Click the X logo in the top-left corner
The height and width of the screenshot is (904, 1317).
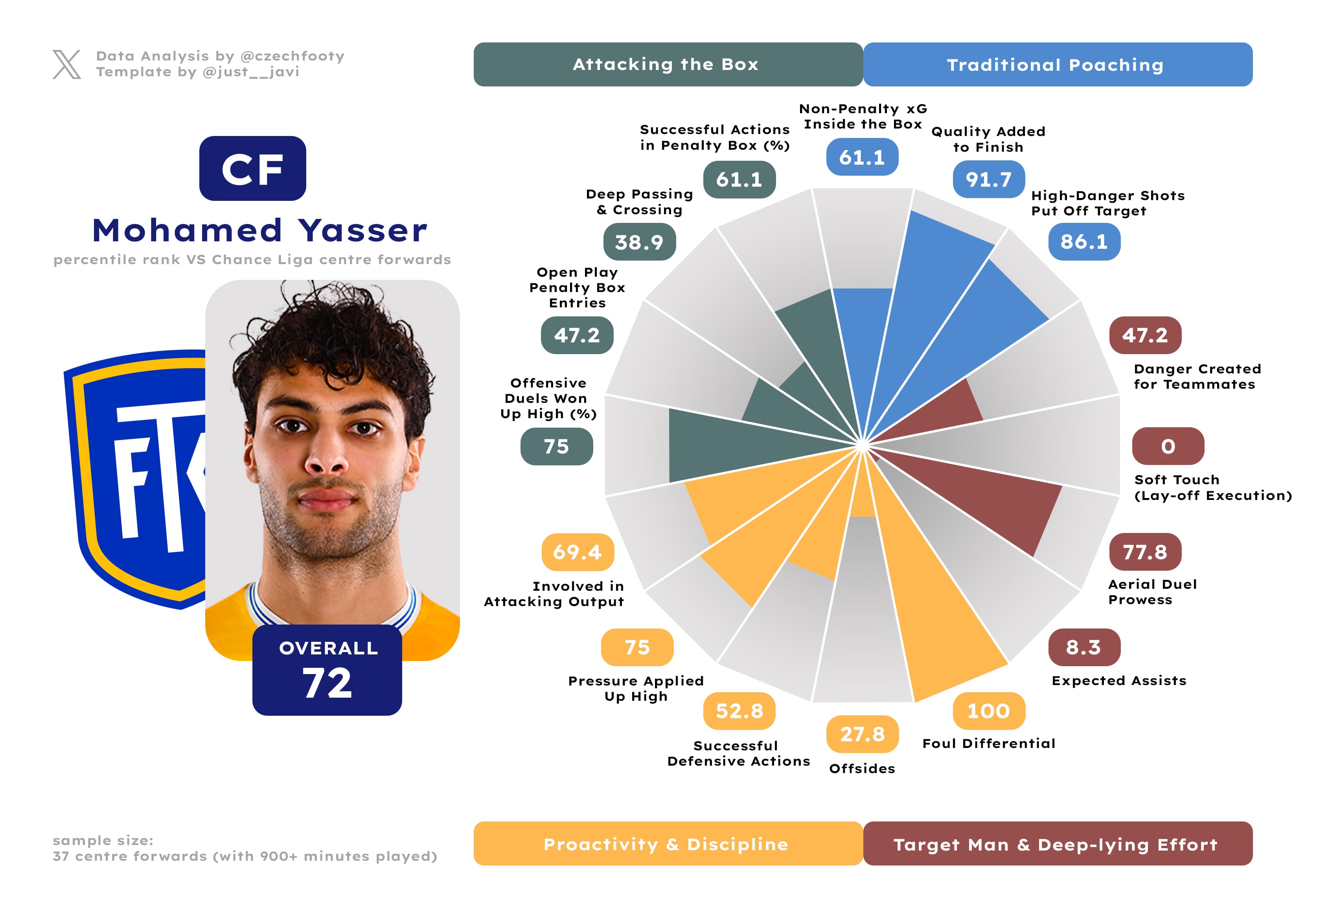66,64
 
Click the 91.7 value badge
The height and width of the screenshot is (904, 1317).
988,180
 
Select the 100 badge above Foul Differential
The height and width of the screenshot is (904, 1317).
988,711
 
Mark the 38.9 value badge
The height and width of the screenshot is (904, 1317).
639,242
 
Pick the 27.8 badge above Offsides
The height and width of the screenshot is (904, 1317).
862,734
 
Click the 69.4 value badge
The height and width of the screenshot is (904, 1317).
578,552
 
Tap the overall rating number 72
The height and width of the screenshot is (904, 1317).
327,683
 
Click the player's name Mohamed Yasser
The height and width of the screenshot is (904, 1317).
259,231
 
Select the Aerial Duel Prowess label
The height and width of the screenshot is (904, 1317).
1152,592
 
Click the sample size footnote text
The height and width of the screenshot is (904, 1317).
245,848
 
